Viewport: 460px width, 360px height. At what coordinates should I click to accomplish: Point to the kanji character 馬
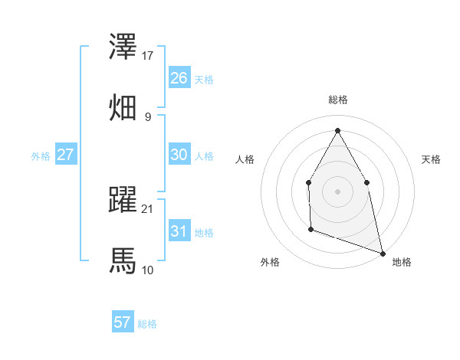click(123, 260)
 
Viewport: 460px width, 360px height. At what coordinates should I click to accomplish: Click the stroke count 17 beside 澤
click(148, 56)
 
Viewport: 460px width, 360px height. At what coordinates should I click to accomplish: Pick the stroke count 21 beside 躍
click(148, 208)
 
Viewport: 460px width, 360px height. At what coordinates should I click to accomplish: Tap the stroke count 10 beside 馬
click(148, 270)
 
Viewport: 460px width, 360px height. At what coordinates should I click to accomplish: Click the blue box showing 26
click(179, 78)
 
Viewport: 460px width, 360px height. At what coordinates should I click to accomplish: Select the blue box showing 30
click(179, 155)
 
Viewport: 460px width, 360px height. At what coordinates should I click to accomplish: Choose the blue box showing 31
click(179, 231)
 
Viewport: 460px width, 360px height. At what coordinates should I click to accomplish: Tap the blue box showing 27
click(65, 155)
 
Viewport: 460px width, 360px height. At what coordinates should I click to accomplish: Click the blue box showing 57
click(122, 322)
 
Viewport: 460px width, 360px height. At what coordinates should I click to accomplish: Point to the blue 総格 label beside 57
click(147, 324)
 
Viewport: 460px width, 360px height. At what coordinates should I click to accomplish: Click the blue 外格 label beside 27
click(41, 156)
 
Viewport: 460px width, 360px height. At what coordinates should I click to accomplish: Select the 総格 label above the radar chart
click(338, 100)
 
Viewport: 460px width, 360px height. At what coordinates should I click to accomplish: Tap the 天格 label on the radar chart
click(432, 159)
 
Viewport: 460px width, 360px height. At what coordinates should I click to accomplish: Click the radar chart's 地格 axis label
click(402, 262)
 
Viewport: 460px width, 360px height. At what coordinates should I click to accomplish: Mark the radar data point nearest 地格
click(382, 253)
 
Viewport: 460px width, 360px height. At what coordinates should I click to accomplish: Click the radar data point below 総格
click(337, 129)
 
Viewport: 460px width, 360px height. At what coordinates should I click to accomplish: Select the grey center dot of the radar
click(337, 191)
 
